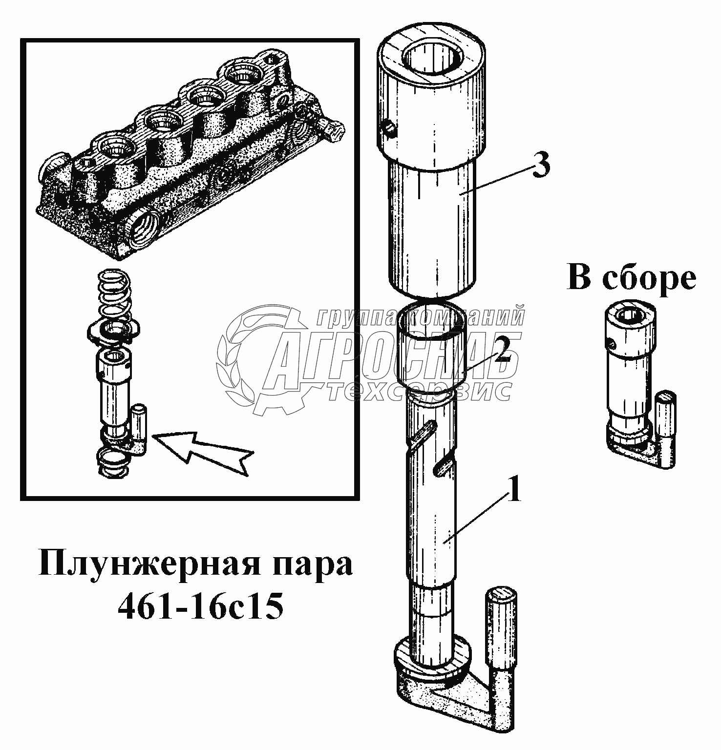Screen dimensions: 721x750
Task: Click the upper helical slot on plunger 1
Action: pyautogui.click(x=423, y=433)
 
